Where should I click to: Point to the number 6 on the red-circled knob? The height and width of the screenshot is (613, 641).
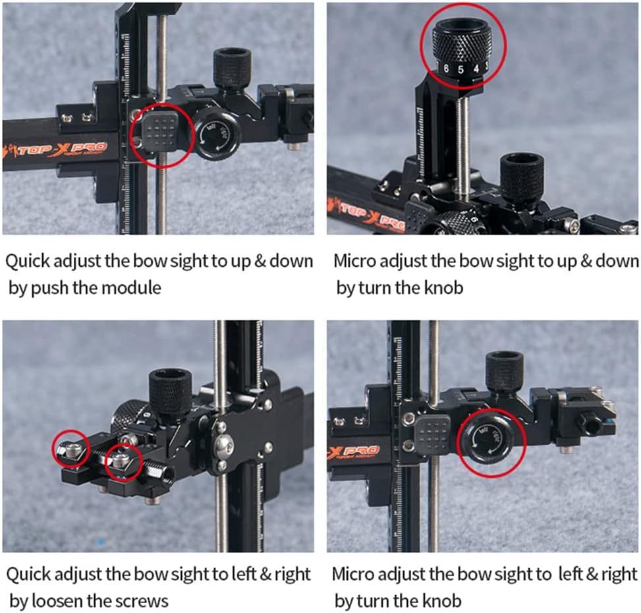pos(446,68)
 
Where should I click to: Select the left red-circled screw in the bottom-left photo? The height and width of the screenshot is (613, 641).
pos(70,450)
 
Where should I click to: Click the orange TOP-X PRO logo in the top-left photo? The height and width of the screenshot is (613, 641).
pos(63,146)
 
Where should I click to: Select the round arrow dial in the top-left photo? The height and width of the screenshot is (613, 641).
pos(215,134)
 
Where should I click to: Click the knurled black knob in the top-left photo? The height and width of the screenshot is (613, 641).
pos(232,68)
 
